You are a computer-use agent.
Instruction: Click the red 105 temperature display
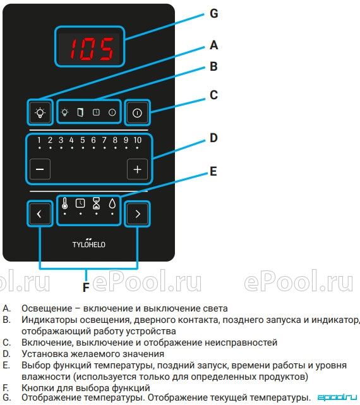coord(92,49)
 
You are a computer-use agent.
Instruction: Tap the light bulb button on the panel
coord(40,112)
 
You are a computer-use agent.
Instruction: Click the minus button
coord(40,169)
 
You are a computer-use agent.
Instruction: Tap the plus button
coord(138,169)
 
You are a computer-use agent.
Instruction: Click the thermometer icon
coord(64,203)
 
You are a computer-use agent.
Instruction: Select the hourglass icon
coord(97,203)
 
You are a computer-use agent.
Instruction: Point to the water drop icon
coord(112,203)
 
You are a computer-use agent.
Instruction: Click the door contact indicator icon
coord(81,112)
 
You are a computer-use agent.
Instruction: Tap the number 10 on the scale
coord(138,140)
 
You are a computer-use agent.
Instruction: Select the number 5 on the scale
coord(83,140)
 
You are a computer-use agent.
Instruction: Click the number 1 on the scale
coord(39,140)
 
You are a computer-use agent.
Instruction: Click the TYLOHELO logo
coord(89,243)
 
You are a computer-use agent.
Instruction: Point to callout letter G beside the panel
coord(214,13)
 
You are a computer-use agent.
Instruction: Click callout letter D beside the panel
coord(213,138)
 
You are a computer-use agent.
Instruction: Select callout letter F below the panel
coord(86,287)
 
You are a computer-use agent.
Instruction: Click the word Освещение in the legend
coord(47,308)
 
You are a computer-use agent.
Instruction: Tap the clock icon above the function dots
coord(80,203)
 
